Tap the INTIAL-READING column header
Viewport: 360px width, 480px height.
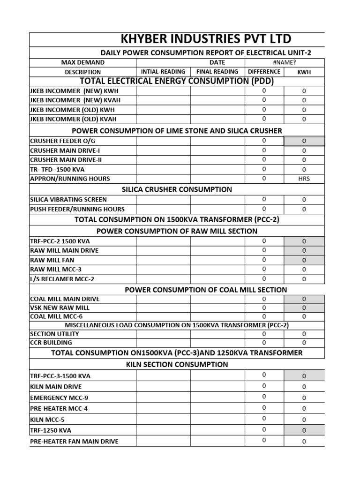163,72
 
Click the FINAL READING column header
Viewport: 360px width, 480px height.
217,72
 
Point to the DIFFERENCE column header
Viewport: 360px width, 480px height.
264,72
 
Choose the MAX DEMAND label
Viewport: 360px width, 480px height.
83,62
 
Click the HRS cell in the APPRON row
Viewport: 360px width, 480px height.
304,179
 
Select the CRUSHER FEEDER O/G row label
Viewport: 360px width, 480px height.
58,141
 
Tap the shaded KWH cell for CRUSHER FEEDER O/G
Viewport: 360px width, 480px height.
304,141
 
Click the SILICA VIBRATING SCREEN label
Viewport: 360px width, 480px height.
68,200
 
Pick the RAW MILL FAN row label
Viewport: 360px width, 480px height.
52,260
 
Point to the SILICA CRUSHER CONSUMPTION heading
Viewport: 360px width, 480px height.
177,189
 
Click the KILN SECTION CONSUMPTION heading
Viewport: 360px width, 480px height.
177,364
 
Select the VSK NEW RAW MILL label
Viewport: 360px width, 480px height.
60,307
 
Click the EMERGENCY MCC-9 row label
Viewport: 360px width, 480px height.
59,397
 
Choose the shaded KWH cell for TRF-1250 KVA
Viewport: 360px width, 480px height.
304,430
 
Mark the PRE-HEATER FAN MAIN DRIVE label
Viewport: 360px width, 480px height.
74,441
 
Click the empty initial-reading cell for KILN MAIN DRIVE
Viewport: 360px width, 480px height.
163,387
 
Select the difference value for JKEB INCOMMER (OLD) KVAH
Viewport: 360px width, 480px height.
264,119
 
